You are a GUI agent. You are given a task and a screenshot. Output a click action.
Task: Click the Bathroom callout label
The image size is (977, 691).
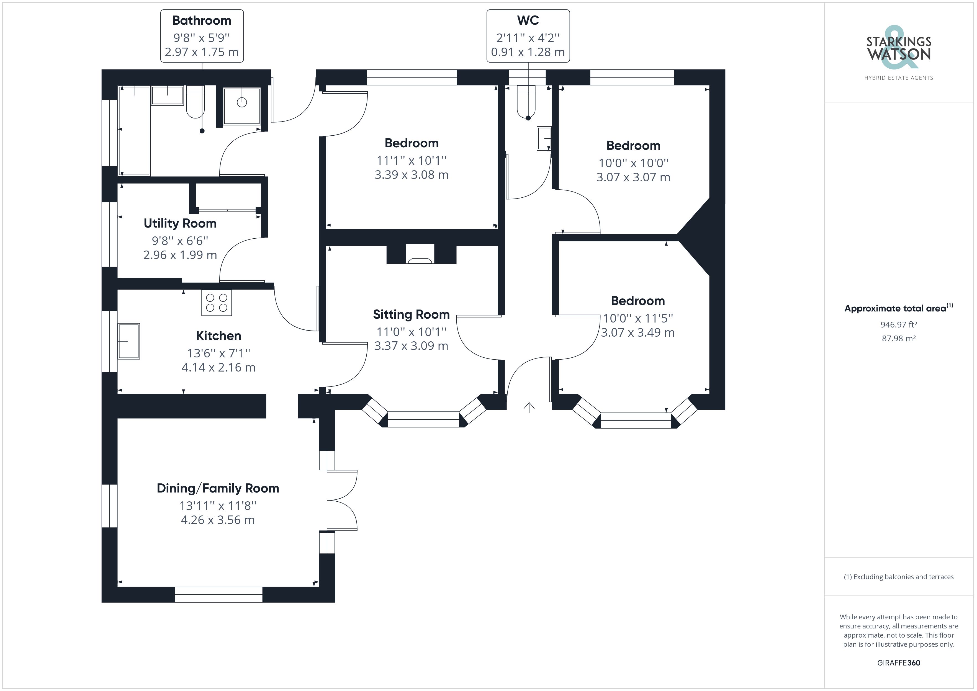tap(202, 36)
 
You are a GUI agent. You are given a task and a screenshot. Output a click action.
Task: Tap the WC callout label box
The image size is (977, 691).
tap(528, 36)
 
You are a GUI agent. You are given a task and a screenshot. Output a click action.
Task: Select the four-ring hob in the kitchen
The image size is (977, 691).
tap(217, 303)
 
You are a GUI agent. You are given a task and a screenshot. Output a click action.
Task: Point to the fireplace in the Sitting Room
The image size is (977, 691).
tap(420, 254)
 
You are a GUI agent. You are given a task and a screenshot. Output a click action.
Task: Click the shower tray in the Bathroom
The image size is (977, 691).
tap(242, 106)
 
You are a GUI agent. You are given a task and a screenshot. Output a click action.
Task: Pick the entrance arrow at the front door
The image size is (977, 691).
tap(529, 407)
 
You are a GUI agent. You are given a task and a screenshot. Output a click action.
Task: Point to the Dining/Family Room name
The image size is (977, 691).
tap(218, 488)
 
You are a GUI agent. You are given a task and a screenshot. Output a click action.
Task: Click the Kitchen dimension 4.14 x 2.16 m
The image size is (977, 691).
tap(218, 367)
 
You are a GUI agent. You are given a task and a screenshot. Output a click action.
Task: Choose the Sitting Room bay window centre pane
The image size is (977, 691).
tap(423, 419)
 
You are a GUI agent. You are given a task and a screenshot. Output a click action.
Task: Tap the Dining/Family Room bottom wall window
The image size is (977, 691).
tap(219, 594)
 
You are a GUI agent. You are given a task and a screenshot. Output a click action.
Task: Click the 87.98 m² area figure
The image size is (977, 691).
tap(899, 339)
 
